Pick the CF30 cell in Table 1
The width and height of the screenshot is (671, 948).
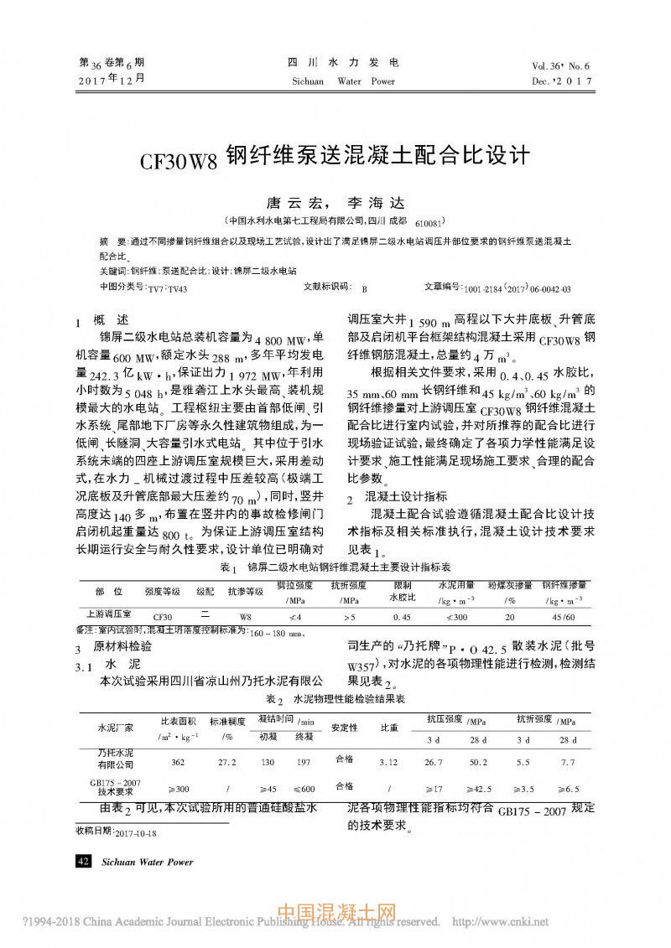(163, 616)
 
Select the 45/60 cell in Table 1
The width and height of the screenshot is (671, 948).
(564, 616)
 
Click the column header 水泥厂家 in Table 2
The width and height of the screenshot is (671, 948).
(115, 727)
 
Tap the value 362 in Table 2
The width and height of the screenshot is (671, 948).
(178, 762)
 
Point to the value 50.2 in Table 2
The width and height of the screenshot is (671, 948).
(478, 762)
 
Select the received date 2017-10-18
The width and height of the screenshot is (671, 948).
(121, 832)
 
